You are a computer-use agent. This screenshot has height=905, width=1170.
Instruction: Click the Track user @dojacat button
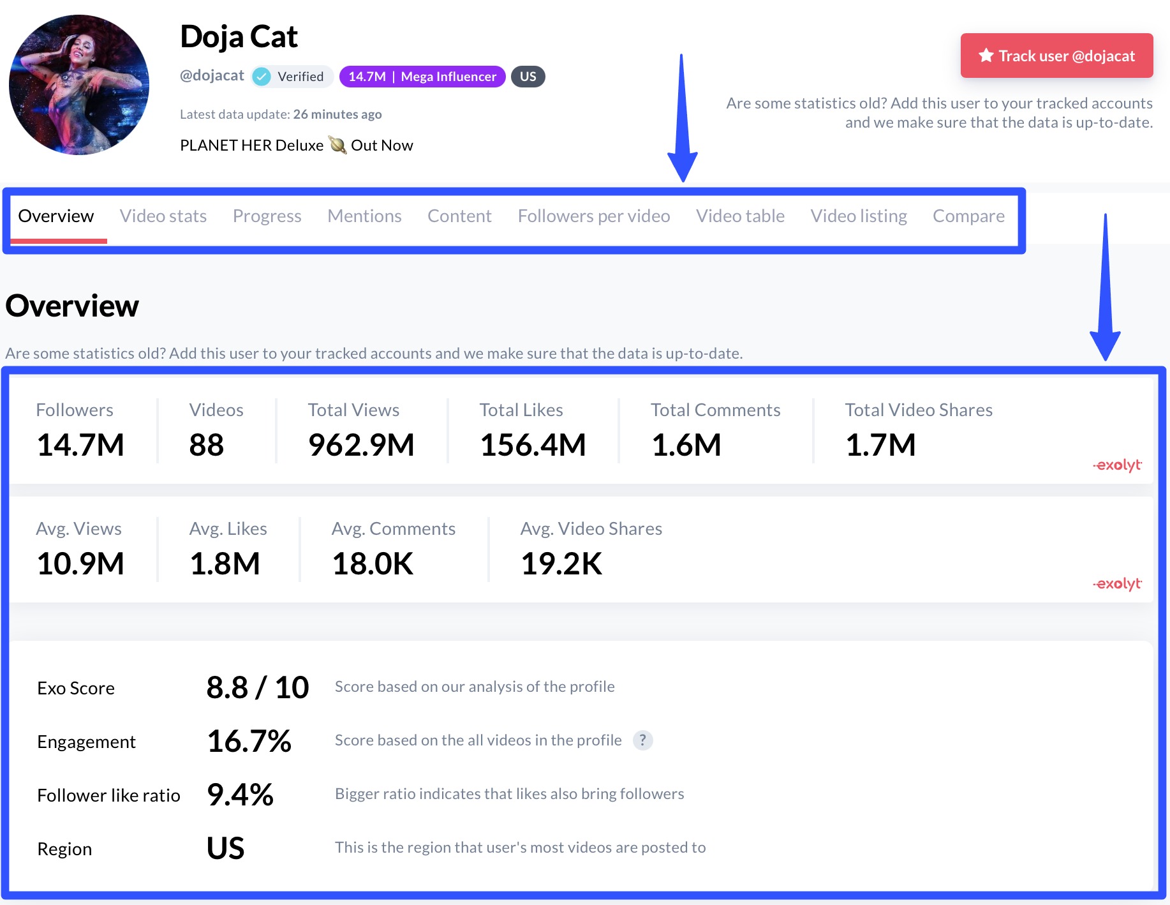[x=1056, y=56]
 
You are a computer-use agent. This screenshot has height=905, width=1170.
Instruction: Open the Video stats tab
[x=163, y=216]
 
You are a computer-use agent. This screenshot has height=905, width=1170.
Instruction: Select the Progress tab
[x=267, y=216]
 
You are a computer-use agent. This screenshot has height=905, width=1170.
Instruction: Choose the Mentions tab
[x=364, y=216]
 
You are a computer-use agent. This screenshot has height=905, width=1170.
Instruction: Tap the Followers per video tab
[x=593, y=216]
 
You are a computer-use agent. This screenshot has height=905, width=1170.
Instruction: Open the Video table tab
[x=740, y=216]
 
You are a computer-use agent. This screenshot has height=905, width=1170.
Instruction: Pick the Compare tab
[x=968, y=216]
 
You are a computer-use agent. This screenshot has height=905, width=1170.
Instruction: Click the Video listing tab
[x=858, y=216]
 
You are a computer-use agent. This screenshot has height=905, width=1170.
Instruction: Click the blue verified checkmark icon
[x=262, y=77]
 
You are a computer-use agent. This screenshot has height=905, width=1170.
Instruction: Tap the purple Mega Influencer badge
[x=422, y=77]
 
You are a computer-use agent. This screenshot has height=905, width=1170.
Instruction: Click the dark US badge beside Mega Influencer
[x=528, y=77]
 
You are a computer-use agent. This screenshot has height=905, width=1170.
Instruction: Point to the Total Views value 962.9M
[x=361, y=445]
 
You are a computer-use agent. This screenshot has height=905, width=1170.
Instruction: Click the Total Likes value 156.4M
[x=533, y=445]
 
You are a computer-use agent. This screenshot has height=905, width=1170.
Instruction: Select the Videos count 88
[x=206, y=445]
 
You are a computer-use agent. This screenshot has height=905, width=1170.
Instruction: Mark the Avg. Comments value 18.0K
[x=373, y=564]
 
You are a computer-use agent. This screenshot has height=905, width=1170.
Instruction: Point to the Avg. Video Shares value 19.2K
[x=561, y=564]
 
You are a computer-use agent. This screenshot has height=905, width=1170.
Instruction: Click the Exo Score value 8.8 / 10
[x=257, y=687]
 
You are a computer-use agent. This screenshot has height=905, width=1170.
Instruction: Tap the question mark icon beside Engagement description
[x=642, y=740]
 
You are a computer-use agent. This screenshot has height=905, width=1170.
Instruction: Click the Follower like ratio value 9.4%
[x=240, y=795]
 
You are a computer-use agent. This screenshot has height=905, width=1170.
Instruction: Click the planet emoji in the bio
[x=337, y=146]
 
